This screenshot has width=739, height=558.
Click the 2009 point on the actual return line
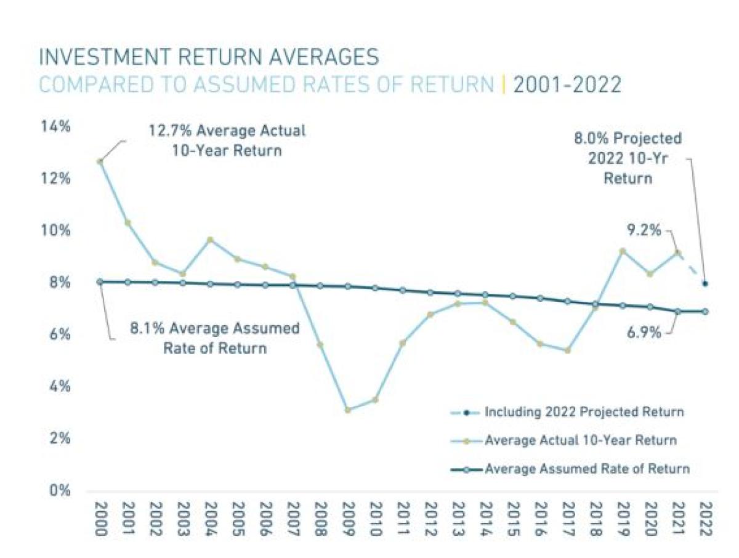click(348, 410)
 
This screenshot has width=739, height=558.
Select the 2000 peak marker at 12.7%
click(100, 161)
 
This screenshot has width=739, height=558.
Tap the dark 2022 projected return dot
click(705, 284)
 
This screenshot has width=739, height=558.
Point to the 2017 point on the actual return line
click(567, 350)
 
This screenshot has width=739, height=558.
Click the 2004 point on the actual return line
click(210, 240)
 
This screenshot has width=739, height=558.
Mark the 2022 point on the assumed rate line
click(705, 312)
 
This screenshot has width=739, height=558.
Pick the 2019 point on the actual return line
click(623, 251)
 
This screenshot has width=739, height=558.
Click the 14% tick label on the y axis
click(56, 127)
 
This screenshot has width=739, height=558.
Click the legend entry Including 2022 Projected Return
click(584, 411)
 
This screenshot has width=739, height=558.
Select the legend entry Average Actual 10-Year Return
click(581, 440)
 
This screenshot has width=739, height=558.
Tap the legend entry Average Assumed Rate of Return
click(587, 469)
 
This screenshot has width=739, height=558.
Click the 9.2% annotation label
click(644, 231)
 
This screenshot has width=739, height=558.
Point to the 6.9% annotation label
click(644, 333)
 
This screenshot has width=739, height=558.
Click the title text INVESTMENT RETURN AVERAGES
click(209, 58)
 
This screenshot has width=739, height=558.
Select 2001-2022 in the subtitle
click(567, 86)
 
